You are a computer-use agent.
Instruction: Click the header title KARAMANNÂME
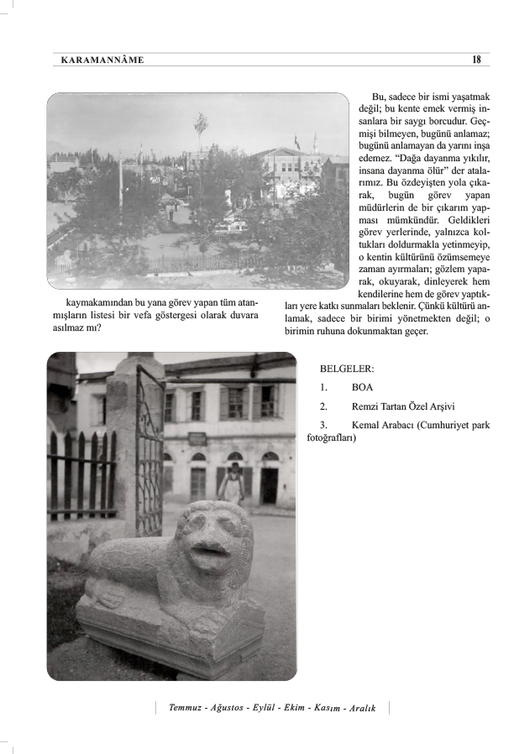point(102,60)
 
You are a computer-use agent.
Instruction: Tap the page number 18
point(477,60)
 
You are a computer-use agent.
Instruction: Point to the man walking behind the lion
point(233,484)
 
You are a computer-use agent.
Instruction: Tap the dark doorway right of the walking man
point(269,484)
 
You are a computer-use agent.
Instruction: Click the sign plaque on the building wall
point(197,438)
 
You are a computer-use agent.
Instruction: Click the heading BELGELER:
point(347,369)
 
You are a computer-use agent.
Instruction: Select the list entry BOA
point(363,388)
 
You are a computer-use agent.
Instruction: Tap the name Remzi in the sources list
point(368,407)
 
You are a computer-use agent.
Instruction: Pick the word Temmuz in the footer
point(186,708)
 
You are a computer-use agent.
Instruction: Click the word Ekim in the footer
point(292,708)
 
